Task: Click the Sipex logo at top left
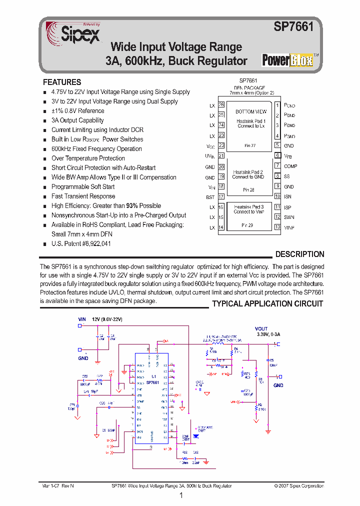tap(73, 33)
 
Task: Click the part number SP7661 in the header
tap(293, 27)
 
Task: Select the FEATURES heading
tap(62, 82)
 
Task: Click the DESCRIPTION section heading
tap(299, 254)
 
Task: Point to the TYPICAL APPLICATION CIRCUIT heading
tap(267, 303)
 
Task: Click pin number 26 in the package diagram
tap(221, 105)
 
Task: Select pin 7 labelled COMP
tap(277, 165)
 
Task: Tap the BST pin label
tap(210, 197)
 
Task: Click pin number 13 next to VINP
tap(277, 227)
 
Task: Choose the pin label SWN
tap(289, 217)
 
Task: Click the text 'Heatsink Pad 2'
tap(248, 172)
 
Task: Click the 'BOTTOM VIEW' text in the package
tap(251, 111)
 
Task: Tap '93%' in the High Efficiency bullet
tap(132, 205)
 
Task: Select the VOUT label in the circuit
tap(261, 328)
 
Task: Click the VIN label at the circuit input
tap(82, 318)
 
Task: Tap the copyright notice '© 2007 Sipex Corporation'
tap(299, 485)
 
